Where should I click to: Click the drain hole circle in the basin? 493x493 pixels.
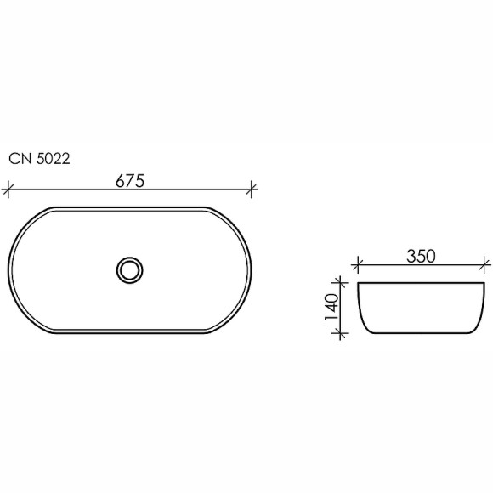click(x=130, y=270)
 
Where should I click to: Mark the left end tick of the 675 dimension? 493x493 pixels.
click(x=8, y=189)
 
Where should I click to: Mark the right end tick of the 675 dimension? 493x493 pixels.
click(x=253, y=189)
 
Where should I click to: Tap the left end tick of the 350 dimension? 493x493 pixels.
click(x=358, y=264)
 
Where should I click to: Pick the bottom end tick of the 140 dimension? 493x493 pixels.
click(x=343, y=334)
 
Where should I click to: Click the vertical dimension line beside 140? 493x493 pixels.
click(x=343, y=309)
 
